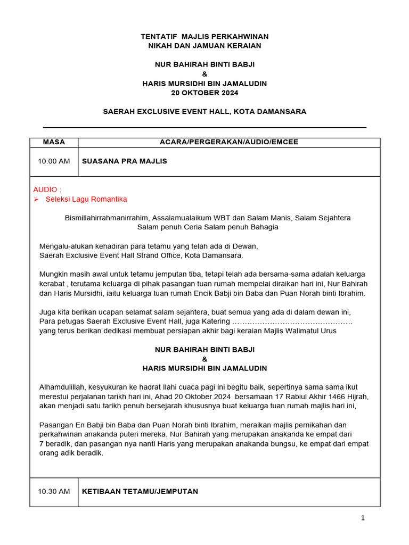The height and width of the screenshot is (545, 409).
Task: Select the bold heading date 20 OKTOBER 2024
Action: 204,93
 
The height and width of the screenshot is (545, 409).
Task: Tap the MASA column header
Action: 54,142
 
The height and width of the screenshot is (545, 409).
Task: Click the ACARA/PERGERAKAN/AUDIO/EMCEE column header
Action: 229,142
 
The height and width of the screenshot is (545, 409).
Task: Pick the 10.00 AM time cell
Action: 54,161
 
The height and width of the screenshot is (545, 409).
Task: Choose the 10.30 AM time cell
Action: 54,492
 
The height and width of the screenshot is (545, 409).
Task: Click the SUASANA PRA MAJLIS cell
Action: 124,161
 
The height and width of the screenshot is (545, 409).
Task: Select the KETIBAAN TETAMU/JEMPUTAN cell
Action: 140,492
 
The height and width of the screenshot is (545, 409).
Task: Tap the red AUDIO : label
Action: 47,189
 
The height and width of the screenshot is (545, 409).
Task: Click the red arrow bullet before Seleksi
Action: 36,200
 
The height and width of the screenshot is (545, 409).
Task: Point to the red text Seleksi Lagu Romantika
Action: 86,200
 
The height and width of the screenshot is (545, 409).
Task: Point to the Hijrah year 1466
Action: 318,397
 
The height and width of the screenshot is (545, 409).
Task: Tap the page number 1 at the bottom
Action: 363,518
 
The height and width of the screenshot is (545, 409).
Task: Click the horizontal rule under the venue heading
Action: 204,128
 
